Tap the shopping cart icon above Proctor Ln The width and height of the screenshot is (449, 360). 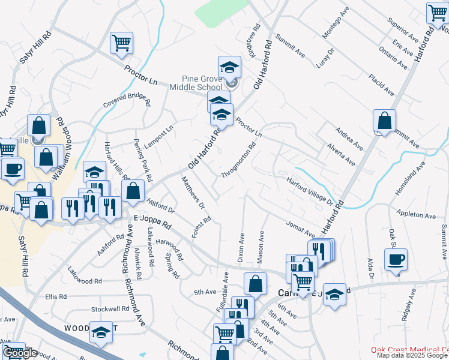[x=121, y=43]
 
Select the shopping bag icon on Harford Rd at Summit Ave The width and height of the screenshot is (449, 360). [x=384, y=121]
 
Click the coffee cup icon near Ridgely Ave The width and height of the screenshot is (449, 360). [x=396, y=260]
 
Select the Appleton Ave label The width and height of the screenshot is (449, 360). [x=416, y=215]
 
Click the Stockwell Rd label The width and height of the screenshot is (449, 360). [x=110, y=310]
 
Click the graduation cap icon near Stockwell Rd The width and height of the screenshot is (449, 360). [x=101, y=332]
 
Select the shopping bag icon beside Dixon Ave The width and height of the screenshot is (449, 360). [x=255, y=284]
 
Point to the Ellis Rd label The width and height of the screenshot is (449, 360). [x=56, y=296]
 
